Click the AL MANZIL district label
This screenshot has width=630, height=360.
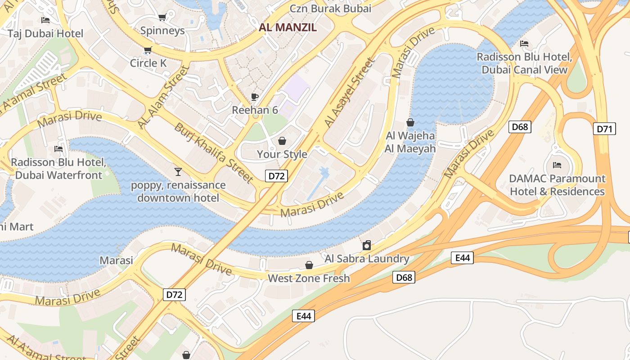click(x=288, y=27)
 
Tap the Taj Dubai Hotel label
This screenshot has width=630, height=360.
click(x=45, y=33)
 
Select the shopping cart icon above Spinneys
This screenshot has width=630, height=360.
click(x=162, y=18)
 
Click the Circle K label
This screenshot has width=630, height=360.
click(x=148, y=63)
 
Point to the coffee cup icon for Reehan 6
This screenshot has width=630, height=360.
click(x=255, y=97)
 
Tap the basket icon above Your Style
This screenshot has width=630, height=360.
click(x=282, y=141)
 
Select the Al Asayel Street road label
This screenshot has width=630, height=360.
click(x=349, y=92)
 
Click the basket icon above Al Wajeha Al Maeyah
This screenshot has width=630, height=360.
click(x=410, y=122)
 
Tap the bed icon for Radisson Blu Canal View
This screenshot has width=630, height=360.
click(x=524, y=44)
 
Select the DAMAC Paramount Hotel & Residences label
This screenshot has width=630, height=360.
click(x=557, y=185)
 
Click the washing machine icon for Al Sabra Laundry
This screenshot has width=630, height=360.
click(x=367, y=245)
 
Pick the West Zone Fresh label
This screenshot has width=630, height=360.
click(x=309, y=278)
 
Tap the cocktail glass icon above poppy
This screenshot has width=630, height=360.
click(x=178, y=171)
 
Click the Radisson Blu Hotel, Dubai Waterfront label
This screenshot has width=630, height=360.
click(x=58, y=168)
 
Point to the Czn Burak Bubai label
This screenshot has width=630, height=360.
click(x=330, y=8)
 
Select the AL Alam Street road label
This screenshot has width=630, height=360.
click(x=163, y=97)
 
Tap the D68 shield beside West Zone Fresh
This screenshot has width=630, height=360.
click(x=404, y=277)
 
